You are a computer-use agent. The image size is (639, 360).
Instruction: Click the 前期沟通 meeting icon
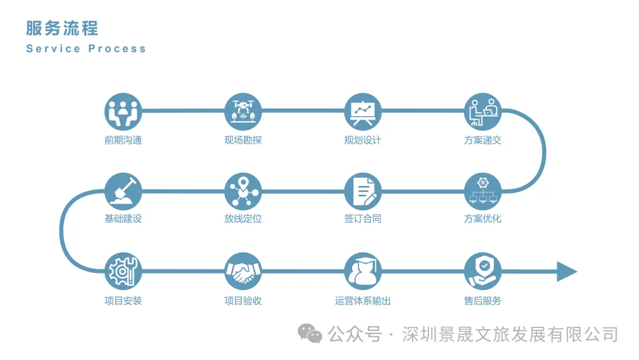point(123,111)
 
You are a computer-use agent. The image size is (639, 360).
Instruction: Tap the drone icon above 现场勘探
point(243,111)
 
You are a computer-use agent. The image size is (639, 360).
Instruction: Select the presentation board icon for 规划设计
point(363,111)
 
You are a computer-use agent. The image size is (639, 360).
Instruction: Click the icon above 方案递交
point(483,111)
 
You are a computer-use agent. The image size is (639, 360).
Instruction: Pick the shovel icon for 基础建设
point(123,191)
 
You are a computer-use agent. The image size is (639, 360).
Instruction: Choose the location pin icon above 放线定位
point(243,191)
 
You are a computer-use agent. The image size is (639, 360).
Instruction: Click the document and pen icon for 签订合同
point(363,191)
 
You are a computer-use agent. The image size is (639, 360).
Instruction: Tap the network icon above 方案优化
point(483,191)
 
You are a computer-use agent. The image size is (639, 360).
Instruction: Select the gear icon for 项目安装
point(123,272)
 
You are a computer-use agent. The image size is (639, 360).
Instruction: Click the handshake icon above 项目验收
point(243,272)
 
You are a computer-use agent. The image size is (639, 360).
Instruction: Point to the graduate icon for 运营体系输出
point(363,272)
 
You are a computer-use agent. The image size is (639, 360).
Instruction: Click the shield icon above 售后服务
point(483,272)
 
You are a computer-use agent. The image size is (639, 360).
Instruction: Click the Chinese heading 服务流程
point(62,28)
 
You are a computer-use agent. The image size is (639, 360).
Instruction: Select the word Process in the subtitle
point(117,49)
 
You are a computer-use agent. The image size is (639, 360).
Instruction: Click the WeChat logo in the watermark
point(309,334)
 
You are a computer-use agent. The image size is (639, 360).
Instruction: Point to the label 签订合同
point(363,218)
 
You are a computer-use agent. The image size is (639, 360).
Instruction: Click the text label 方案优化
point(483,218)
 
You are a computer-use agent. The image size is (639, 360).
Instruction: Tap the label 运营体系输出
point(363,301)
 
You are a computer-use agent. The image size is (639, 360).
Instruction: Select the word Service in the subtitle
point(53,49)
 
